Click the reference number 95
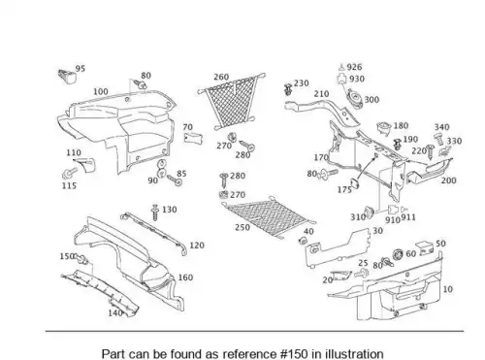[x=81, y=69]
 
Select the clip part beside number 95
[x=67, y=76]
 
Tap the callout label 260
[x=221, y=77]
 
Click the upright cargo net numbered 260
[x=232, y=101]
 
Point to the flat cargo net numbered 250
[x=270, y=217]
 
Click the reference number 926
[x=354, y=67]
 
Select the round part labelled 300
[x=354, y=98]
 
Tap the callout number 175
[x=344, y=189]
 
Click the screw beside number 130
[x=155, y=212]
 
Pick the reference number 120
[x=197, y=245]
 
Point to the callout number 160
[x=185, y=278]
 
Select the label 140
[x=115, y=313]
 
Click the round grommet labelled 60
[x=398, y=254]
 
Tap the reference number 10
[x=447, y=289]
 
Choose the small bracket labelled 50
[x=427, y=248]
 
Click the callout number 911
[x=408, y=217]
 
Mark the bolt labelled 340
[x=438, y=139]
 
